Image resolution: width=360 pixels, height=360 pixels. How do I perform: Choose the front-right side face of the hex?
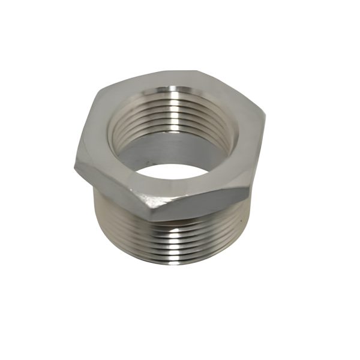[x=204, y=204]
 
